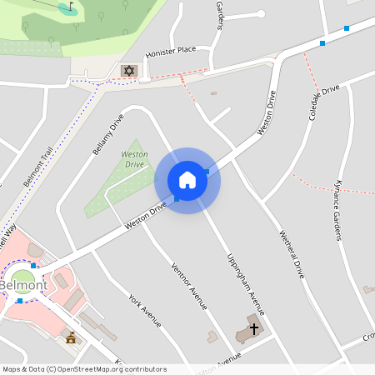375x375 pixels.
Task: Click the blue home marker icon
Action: coord(187,180)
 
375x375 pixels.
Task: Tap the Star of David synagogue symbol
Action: coord(128,70)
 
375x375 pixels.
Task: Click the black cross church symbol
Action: coord(253,329)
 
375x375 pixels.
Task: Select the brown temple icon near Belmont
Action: coord(71,337)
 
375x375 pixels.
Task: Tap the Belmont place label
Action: coord(22,286)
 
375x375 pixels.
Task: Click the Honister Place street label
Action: coord(170,51)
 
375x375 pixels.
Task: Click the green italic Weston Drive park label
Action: coord(135,159)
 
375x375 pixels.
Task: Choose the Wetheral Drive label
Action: coord(291,253)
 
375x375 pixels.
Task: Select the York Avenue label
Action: coord(144,310)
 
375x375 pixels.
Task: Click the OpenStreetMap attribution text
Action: coord(83,369)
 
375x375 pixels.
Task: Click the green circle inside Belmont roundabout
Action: coord(22,277)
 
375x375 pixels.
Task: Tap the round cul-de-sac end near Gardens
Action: coord(260,14)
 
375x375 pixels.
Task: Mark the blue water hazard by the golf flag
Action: coord(64,9)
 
